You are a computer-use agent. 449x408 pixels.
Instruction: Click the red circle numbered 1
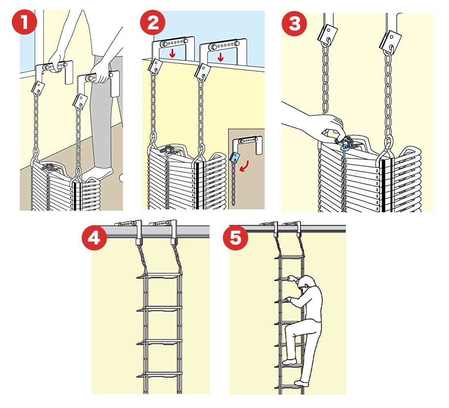(24, 21)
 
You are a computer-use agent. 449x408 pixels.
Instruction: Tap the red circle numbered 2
(153, 21)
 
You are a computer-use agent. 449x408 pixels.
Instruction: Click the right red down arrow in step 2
(221, 57)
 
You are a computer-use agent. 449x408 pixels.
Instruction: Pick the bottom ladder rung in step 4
(160, 374)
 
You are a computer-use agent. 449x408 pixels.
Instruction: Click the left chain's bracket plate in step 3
(328, 34)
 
